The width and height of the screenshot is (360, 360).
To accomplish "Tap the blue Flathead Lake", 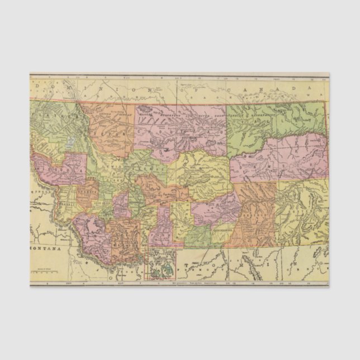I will (x=68, y=143).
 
